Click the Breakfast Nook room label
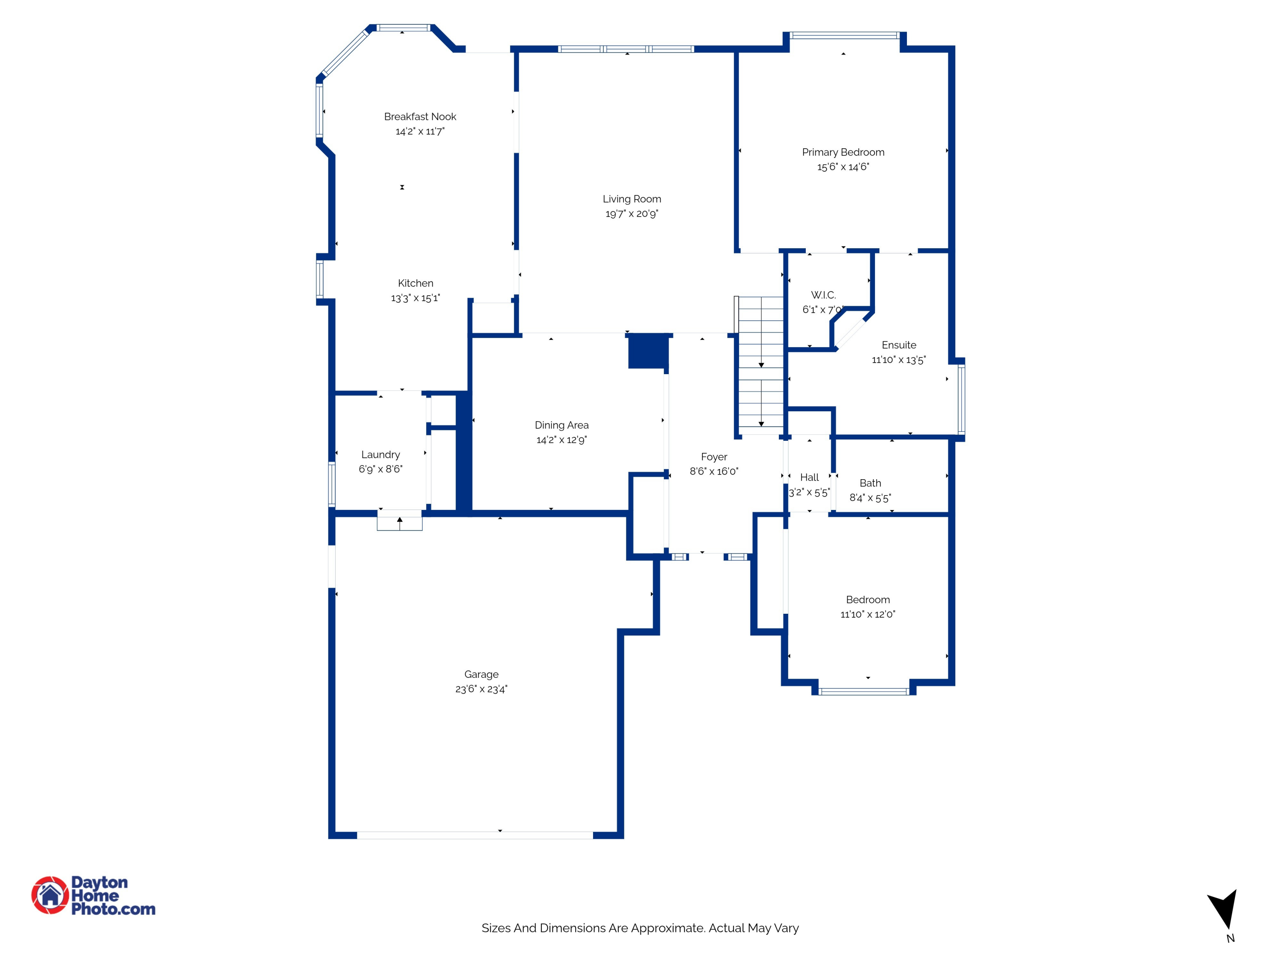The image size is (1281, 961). tap(420, 117)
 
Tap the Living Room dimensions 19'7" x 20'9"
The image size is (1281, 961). tap(632, 214)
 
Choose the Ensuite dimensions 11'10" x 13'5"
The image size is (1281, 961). tap(899, 360)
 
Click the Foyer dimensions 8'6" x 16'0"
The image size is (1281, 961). tap(714, 472)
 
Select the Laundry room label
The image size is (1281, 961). tap(380, 455)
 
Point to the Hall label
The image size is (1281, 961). tap(810, 478)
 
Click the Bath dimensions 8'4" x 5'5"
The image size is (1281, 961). tap(870, 498)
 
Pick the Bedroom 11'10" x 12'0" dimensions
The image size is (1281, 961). tap(868, 614)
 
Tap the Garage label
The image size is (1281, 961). tap(481, 674)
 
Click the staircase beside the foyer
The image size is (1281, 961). tap(761, 365)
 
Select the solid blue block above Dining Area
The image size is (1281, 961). tap(649, 351)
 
